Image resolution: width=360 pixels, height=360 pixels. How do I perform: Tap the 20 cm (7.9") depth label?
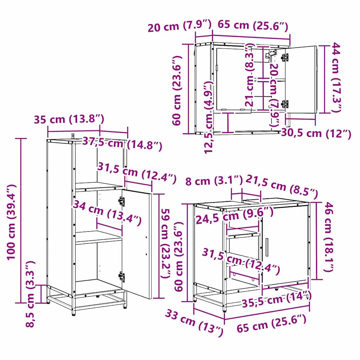click(179, 26)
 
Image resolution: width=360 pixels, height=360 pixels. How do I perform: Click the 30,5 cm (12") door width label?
click(316, 133)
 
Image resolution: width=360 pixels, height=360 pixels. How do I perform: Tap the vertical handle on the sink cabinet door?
click(267, 247)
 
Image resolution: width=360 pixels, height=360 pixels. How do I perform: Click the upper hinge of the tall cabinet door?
click(121, 201)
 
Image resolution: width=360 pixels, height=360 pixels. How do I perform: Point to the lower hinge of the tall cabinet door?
click(122, 276)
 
